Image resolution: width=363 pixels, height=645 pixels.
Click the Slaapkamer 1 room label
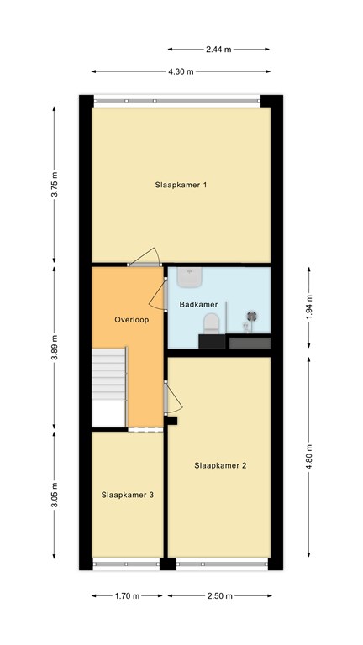pos(181,185)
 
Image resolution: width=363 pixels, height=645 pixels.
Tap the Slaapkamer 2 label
pos(220,465)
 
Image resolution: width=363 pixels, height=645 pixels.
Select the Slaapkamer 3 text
pos(128,495)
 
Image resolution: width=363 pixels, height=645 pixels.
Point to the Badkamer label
pos(198,305)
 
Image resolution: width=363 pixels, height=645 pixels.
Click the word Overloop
pos(132,320)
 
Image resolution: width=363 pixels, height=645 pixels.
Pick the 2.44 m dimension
pos(218,50)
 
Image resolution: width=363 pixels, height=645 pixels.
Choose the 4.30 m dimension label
pos(181,71)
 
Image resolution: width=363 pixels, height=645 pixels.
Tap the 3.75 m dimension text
pos(55,184)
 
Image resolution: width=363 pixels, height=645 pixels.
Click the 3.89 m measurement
pos(55,348)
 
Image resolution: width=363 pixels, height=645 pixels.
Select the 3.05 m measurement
pos(55,495)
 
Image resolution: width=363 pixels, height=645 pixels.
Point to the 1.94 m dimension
pos(309,307)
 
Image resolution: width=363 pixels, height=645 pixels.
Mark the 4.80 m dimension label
pos(309,456)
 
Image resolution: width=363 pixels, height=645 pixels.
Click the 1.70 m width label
pos(128,595)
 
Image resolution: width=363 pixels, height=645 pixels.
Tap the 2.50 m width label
pos(220,595)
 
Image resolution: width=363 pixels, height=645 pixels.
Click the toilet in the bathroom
pos(211,323)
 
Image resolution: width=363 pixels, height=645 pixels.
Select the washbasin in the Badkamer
pos(190,277)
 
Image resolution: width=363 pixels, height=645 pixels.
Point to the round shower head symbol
pos(252,317)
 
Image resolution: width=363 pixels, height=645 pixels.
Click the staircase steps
pos(108,374)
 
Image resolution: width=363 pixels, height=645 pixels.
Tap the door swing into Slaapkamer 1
pos(145,256)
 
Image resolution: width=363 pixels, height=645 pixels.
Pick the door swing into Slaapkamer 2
pos(173,397)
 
